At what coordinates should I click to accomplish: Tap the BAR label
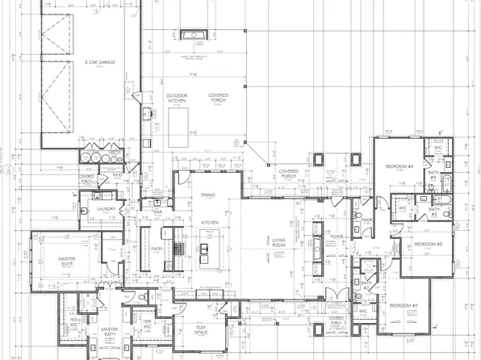coord(159,213)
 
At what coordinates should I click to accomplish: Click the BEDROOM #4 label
coord(399,167)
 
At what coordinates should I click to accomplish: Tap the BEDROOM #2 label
coord(403,306)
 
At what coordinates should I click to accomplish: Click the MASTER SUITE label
coord(67,262)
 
